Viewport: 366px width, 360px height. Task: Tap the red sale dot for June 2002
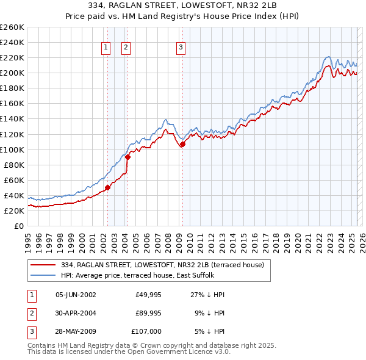pyautogui.click(x=107, y=187)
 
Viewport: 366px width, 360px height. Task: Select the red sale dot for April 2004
pyautogui.click(x=127, y=157)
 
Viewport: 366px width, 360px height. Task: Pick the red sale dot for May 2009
pyautogui.click(x=182, y=144)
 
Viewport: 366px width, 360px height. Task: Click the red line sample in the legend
pyautogui.click(x=43, y=265)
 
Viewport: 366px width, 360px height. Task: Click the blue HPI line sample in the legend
pyautogui.click(x=43, y=275)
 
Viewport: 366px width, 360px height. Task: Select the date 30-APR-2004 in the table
pyautogui.click(x=76, y=312)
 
